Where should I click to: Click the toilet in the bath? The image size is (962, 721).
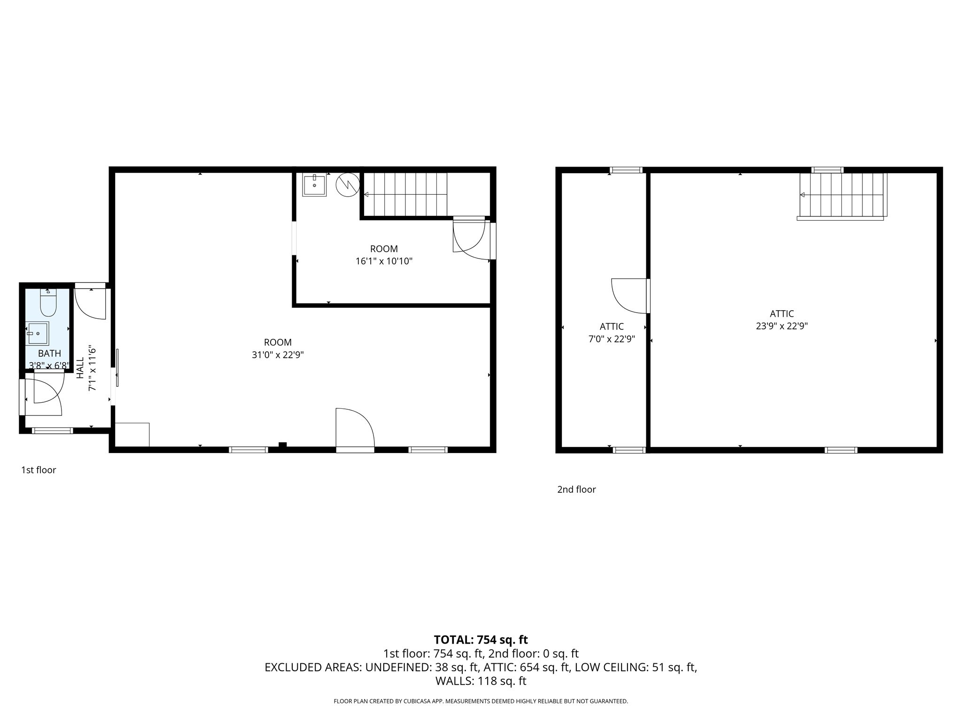click(x=48, y=303)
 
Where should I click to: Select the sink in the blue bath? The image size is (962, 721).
click(x=37, y=333)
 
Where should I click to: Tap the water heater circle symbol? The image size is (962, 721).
click(x=348, y=185)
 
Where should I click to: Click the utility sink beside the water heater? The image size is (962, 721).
click(x=314, y=185)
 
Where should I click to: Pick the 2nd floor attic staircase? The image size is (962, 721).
click(x=842, y=195)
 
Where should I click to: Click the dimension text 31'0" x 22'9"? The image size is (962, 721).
click(x=278, y=355)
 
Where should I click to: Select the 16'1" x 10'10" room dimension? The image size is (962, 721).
click(x=384, y=261)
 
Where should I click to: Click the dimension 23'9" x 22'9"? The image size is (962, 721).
click(x=782, y=326)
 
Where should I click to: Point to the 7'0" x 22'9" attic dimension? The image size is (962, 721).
click(x=612, y=339)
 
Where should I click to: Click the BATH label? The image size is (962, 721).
click(x=49, y=353)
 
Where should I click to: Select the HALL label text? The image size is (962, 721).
click(x=80, y=368)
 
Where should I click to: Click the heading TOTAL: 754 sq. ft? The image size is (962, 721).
click(x=481, y=639)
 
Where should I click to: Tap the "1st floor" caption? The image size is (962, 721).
click(x=39, y=470)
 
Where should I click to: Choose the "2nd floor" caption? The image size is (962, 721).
click(x=576, y=489)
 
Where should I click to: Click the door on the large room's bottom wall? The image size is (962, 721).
click(x=355, y=430)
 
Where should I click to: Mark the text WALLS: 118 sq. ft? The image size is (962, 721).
click(x=481, y=681)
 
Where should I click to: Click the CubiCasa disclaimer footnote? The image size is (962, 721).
click(x=481, y=701)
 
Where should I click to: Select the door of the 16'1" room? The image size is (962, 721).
click(x=468, y=237)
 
